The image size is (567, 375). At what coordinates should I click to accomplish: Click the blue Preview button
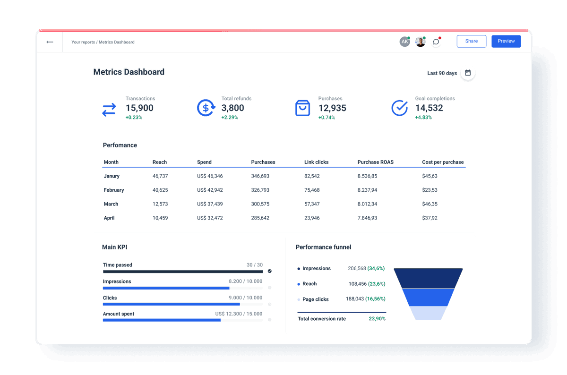click(506, 41)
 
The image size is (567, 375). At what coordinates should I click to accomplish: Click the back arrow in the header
click(50, 42)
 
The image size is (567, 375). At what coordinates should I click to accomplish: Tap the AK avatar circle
click(404, 42)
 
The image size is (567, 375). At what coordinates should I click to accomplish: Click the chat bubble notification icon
click(436, 42)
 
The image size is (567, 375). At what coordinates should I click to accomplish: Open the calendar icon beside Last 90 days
click(468, 73)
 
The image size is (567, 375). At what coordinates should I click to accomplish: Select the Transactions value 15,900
click(139, 108)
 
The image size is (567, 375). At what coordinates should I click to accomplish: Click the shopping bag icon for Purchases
click(302, 108)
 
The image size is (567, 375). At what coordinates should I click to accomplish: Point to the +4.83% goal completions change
click(423, 118)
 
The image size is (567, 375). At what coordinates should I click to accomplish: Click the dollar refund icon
click(206, 108)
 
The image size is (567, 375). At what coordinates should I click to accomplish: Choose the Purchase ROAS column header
click(375, 162)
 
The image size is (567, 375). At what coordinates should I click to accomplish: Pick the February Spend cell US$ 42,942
click(210, 190)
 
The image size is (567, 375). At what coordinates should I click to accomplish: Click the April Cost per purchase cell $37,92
click(430, 218)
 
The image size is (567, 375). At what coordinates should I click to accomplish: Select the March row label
click(111, 204)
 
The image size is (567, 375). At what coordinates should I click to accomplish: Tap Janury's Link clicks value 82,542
click(312, 176)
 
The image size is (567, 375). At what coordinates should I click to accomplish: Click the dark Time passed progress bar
click(182, 272)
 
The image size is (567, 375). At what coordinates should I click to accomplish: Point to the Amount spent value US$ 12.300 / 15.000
click(239, 314)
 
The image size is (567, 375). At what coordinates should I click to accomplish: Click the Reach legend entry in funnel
click(309, 284)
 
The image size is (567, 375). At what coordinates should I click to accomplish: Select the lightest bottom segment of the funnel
click(428, 313)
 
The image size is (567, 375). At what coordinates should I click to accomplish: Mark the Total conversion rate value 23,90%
click(377, 319)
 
